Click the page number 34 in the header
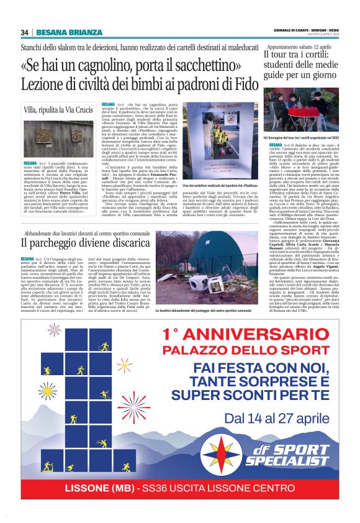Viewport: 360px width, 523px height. (25, 32)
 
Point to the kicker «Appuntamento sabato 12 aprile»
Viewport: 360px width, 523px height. (295, 47)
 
